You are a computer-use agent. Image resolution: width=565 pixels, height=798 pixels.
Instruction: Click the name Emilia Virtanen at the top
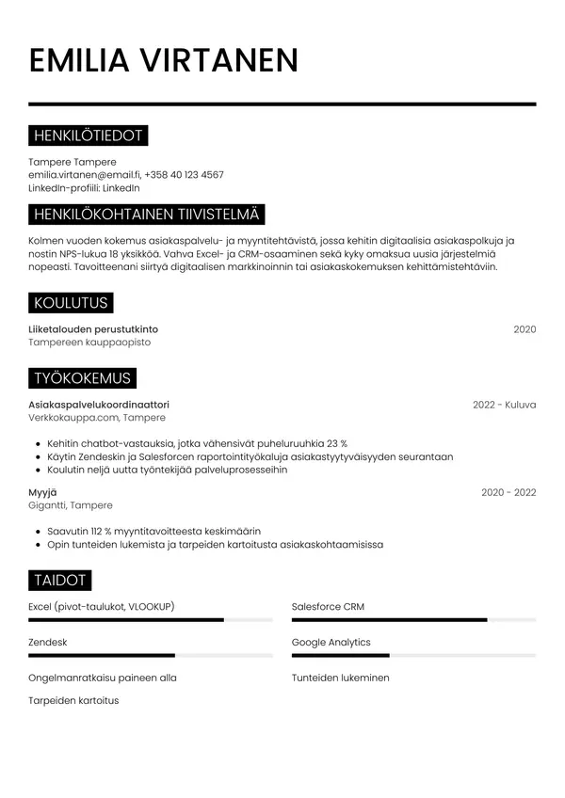coord(164,60)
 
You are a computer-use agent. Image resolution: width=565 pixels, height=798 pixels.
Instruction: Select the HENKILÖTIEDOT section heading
coord(88,136)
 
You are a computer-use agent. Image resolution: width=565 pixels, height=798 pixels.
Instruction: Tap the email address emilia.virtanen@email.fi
coord(84,175)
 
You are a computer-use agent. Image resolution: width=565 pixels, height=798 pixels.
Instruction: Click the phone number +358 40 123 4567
coord(185,175)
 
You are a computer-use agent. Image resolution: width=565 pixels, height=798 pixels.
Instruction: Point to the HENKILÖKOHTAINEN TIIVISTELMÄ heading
coord(146,215)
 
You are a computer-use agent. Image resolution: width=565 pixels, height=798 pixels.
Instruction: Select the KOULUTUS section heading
coord(71,303)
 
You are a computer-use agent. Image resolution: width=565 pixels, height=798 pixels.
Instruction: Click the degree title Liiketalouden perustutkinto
coord(93,329)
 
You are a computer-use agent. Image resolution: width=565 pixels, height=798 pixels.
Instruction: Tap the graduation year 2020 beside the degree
coord(525,329)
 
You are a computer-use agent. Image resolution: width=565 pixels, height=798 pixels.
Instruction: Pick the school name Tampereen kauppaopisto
coord(89,343)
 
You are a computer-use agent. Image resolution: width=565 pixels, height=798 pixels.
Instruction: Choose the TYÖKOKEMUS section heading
coord(82,378)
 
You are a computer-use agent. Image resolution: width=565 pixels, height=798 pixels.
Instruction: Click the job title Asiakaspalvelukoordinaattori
coord(99,405)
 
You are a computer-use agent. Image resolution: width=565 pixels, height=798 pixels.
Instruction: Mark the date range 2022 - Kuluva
coord(504,405)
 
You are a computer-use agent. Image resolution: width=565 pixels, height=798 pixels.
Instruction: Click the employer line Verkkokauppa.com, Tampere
coord(97,418)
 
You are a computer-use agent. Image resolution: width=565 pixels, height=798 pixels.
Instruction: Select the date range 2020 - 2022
coord(508,492)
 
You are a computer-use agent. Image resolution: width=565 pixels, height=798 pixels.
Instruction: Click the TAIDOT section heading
coord(60,580)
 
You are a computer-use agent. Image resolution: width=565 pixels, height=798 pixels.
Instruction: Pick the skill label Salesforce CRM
coord(328,607)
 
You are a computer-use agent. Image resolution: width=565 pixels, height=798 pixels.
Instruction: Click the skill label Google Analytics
coord(331,642)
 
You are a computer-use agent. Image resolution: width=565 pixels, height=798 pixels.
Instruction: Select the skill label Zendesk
coord(48,642)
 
